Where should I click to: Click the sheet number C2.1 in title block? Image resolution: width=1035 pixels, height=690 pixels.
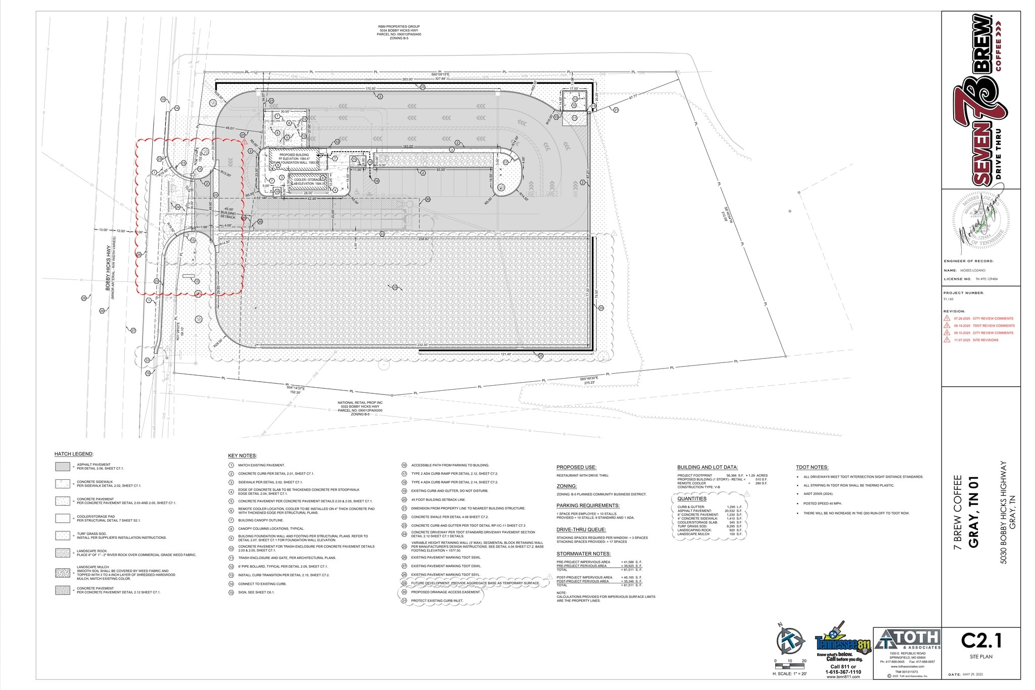click(981, 641)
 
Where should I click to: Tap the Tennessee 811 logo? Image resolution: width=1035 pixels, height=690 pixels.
click(843, 645)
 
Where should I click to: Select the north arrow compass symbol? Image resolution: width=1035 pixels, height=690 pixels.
click(790, 640)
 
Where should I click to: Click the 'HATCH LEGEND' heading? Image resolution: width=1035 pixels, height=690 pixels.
click(74, 454)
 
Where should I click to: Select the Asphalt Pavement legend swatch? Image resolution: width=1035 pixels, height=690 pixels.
click(63, 467)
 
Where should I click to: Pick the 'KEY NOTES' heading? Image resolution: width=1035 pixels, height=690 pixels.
click(243, 455)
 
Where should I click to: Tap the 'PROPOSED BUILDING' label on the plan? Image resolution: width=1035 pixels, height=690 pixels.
click(294, 155)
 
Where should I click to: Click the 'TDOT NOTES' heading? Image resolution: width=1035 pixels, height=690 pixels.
click(812, 467)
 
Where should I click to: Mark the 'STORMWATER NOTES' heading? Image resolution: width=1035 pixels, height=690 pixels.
click(583, 554)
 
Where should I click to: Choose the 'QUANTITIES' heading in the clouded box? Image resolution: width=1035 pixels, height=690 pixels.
click(692, 498)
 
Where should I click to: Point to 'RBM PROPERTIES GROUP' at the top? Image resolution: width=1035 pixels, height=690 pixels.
click(399, 26)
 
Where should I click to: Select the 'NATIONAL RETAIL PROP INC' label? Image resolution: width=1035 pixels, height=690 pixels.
click(360, 402)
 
